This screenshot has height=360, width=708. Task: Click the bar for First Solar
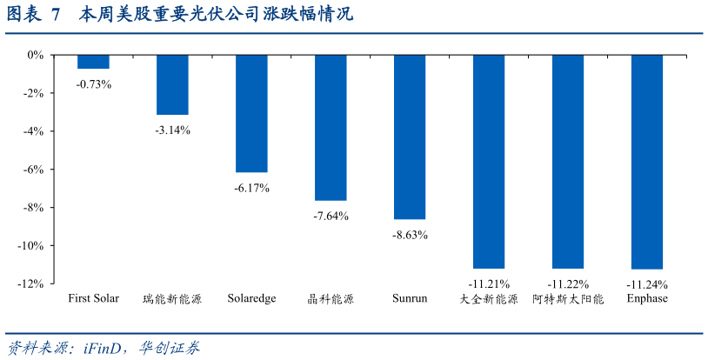click(x=93, y=62)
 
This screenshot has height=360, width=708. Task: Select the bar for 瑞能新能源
click(x=172, y=84)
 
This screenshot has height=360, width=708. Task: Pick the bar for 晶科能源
click(x=331, y=127)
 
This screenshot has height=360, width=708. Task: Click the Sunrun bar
click(x=410, y=137)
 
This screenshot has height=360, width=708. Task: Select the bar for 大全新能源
click(x=489, y=161)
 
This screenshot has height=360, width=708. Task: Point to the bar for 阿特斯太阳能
click(x=568, y=161)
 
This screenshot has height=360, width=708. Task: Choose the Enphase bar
click(x=647, y=161)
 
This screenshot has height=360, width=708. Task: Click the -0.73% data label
click(x=93, y=84)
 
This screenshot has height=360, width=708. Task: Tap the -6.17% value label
click(x=251, y=188)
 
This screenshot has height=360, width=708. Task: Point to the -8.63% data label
click(x=410, y=235)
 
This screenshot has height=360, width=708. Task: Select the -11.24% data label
click(x=647, y=284)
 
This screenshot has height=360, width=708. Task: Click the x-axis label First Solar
click(x=93, y=298)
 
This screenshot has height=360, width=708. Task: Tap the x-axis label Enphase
click(x=647, y=298)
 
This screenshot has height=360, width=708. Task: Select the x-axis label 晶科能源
click(x=331, y=299)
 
